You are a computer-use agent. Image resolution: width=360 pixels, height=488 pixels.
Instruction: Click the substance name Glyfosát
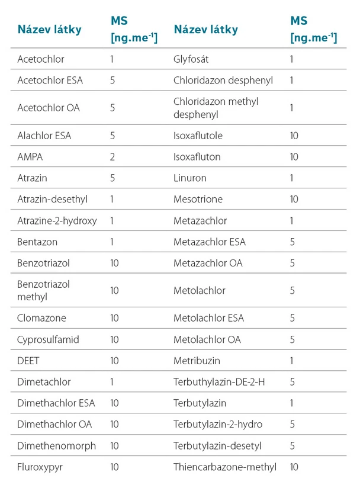click(x=191, y=59)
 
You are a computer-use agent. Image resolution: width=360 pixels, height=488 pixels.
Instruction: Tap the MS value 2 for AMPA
click(x=112, y=157)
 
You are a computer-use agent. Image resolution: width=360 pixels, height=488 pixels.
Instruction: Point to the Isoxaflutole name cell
click(x=198, y=136)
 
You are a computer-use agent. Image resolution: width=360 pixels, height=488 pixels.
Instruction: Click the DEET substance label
click(x=28, y=361)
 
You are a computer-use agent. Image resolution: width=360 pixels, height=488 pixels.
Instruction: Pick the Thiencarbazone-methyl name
click(x=225, y=467)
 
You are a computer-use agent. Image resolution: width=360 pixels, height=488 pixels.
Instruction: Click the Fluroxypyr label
click(x=40, y=467)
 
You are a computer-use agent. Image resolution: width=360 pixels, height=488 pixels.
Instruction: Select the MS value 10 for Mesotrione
click(x=294, y=200)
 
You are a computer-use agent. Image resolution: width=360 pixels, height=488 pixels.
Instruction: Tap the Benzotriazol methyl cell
click(x=44, y=290)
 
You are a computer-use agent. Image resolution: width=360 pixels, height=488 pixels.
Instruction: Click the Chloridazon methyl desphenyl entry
click(x=216, y=108)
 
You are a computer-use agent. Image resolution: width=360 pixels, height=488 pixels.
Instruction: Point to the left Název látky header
click(x=49, y=30)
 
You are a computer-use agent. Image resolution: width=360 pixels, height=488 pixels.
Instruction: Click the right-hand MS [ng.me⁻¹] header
click(x=313, y=30)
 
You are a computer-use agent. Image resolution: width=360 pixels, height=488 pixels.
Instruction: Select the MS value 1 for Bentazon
click(x=112, y=242)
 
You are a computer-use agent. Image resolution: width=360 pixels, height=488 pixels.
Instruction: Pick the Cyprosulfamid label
click(x=48, y=339)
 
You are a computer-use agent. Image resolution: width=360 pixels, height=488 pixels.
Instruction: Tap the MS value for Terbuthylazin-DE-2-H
click(x=292, y=382)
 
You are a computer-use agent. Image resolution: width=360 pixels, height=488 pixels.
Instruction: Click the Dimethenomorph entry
click(x=56, y=445)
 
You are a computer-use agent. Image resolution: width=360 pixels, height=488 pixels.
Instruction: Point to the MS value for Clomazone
click(x=114, y=318)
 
